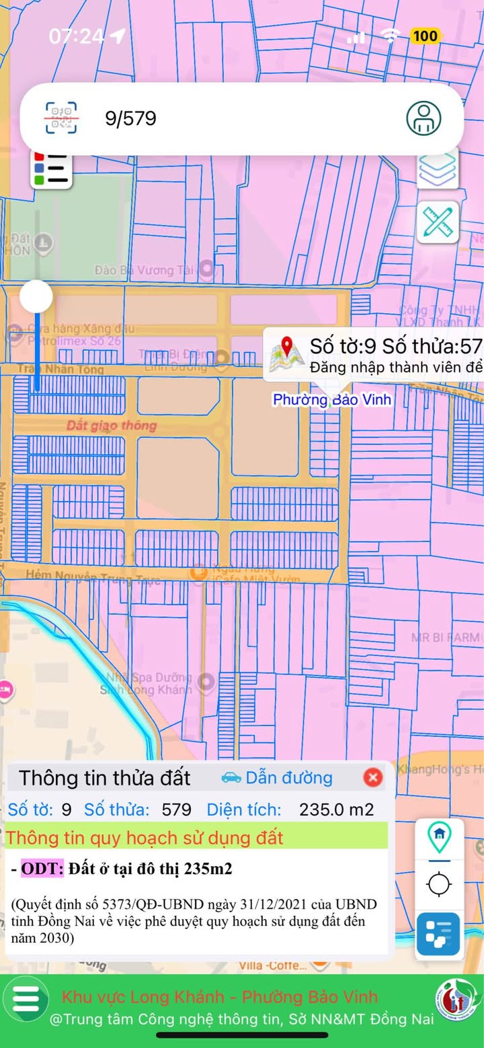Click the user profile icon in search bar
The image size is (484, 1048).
pos(424,118)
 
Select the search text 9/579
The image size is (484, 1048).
pos(130,119)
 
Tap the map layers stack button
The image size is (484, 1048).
pos(438,169)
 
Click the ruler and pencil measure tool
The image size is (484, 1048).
pos(438,222)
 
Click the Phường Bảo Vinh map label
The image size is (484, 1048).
pos(331,400)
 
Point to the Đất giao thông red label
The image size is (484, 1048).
pos(112,425)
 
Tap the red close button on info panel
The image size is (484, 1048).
pos(372,778)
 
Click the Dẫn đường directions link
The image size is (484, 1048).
pos(277,778)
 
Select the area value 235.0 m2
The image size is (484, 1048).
pos(336,810)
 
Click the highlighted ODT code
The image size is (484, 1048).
pos(42,869)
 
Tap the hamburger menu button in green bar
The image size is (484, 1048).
pos(26,999)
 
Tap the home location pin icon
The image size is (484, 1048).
pos(439,836)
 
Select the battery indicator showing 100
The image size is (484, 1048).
pos(425,36)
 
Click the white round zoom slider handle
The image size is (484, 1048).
pos(36,296)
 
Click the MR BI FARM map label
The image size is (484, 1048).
pos(445,637)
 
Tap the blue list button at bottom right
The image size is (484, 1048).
pos(438,934)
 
